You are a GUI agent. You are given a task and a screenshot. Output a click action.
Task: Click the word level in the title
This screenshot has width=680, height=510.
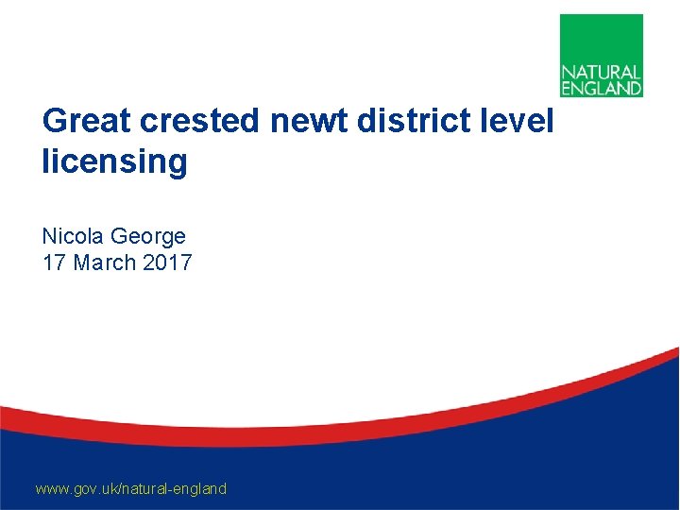518,122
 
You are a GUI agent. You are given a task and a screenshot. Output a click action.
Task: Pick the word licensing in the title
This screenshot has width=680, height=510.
114,161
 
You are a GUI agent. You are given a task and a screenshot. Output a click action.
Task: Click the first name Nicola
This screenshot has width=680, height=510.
72,235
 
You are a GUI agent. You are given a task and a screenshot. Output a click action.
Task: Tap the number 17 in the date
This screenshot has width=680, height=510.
54,262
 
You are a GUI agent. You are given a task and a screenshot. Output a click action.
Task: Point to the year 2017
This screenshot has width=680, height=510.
167,262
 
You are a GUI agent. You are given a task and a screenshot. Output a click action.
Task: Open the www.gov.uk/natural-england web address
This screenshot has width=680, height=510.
130,488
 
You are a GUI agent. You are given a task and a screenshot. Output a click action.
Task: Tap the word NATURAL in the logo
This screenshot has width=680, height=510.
602,72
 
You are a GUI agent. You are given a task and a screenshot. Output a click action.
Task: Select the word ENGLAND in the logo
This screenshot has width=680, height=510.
602,88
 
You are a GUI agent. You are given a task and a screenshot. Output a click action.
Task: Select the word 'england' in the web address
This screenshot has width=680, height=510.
200,488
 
